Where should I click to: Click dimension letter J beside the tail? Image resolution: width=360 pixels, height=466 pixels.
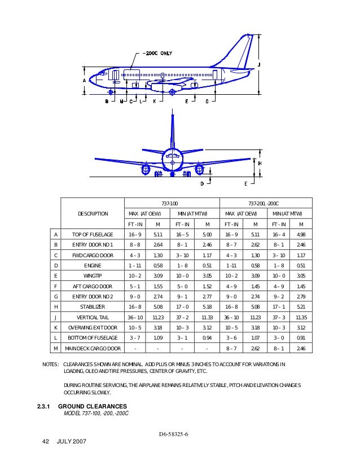tap(259, 65)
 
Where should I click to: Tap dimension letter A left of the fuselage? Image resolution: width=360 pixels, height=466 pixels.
tap(84, 81)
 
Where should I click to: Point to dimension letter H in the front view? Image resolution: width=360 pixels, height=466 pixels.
tap(260, 162)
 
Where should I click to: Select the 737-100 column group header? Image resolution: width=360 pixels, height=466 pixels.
tap(170, 203)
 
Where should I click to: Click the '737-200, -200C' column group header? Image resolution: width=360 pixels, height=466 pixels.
tap(265, 203)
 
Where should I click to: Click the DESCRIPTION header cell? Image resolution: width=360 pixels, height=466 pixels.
tap(93, 214)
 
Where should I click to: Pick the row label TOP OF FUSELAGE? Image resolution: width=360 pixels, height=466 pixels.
tap(93, 234)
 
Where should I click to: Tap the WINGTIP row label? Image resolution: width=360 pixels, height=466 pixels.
tap(93, 275)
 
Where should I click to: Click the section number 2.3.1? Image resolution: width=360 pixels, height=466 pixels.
tap(43, 406)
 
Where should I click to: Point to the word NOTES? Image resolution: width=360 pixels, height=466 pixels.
tap(51, 364)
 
